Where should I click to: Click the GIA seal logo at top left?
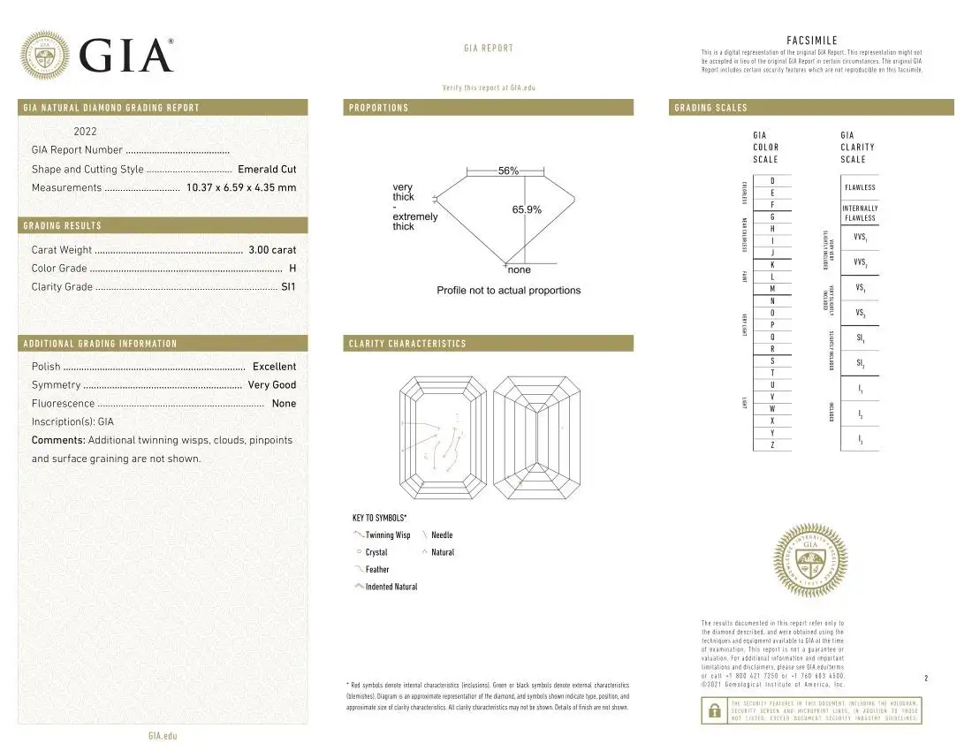[x=44, y=55]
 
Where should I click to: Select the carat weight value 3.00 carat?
[x=271, y=250]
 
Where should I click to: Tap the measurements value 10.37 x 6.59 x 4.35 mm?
[x=241, y=187]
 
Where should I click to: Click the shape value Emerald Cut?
[x=267, y=169]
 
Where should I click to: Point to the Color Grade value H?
[x=292, y=269]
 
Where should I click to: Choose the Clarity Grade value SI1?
[x=288, y=287]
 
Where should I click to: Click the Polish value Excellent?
[x=274, y=367]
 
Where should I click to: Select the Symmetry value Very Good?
[x=271, y=385]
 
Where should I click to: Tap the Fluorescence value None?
[x=284, y=404]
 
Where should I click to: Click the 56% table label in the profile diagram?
[x=508, y=171]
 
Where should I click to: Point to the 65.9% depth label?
[x=527, y=209]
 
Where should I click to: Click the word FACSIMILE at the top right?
[x=811, y=40]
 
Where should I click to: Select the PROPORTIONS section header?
[x=379, y=108]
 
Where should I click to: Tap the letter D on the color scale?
[x=772, y=181]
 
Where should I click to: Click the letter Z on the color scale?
[x=772, y=444]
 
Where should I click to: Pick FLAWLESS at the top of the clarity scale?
[x=860, y=187]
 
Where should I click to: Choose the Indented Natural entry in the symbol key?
[x=391, y=587]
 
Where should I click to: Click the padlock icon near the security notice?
[x=713, y=710]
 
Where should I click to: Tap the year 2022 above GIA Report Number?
[x=86, y=132]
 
